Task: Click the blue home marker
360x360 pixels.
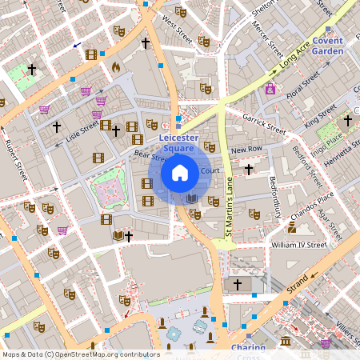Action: [180, 172]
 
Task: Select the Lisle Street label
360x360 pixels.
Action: [83, 137]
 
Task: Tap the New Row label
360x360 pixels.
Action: [246, 150]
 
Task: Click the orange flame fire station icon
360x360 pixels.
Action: [115, 66]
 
